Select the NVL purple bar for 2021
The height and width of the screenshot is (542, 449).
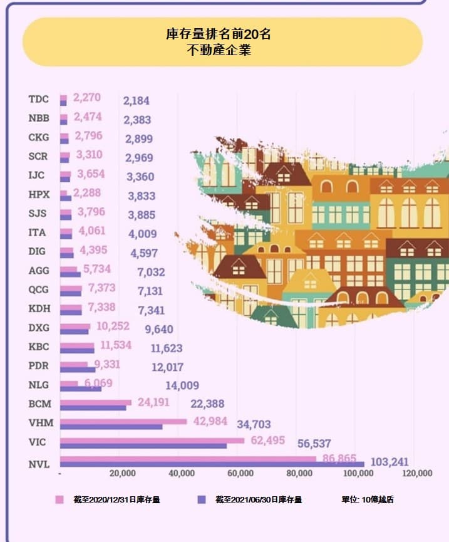[x=212, y=464]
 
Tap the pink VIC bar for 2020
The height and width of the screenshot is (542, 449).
[x=152, y=440]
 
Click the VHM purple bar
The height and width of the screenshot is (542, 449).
[x=111, y=427]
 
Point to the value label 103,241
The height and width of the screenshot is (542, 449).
[x=390, y=462]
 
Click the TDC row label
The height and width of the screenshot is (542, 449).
[x=38, y=99]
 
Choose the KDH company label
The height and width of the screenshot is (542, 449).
[x=39, y=308]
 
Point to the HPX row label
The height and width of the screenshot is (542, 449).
[x=39, y=194]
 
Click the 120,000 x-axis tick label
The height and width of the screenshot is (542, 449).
[x=416, y=474]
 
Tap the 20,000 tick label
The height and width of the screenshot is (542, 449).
[x=122, y=474]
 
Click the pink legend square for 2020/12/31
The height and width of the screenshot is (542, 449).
[x=60, y=500]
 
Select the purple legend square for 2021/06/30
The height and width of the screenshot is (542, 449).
[x=202, y=500]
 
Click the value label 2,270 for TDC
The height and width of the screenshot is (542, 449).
[x=87, y=98]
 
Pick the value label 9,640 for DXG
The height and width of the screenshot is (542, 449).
[x=158, y=330]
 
